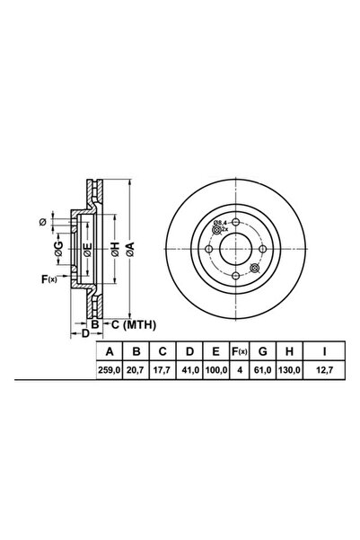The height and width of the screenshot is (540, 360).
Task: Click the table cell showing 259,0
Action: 110,370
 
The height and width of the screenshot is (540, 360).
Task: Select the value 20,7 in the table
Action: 136,370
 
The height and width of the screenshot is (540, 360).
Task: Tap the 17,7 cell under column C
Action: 162,370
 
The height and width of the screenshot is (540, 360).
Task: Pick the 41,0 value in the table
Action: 189,370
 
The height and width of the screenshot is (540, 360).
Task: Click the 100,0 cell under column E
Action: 216,370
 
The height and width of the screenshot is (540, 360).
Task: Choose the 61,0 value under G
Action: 263,370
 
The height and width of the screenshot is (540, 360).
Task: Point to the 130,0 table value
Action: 289,370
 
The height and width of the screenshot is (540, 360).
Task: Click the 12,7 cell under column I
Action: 324,370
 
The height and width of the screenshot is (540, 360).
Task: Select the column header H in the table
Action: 289,351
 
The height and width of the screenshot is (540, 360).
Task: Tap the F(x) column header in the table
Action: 239,351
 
